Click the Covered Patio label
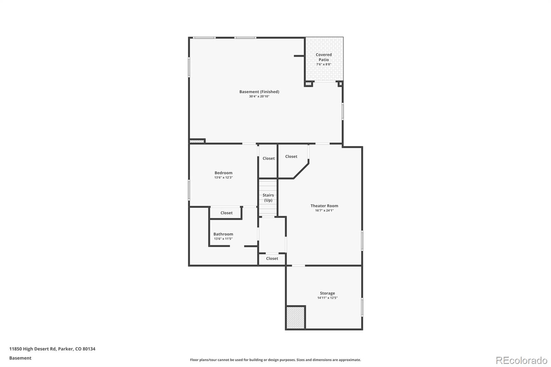(324, 57)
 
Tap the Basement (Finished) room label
(259, 92)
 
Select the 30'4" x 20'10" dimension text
(259, 96)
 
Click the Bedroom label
(223, 173)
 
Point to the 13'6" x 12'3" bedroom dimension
(223, 178)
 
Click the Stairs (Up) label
(268, 198)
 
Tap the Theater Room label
(324, 206)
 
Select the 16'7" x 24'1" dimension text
(324, 210)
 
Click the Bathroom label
(223, 234)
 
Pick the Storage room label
(327, 293)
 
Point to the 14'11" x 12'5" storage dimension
(327, 298)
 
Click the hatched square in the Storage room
(295, 317)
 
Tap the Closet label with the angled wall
(291, 156)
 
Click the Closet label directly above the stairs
(269, 158)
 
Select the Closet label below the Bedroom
(226, 213)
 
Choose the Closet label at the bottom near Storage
(272, 259)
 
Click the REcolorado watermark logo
(521, 360)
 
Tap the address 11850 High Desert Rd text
(52, 349)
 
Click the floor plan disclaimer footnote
(275, 360)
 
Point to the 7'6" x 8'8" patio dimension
(324, 64)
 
